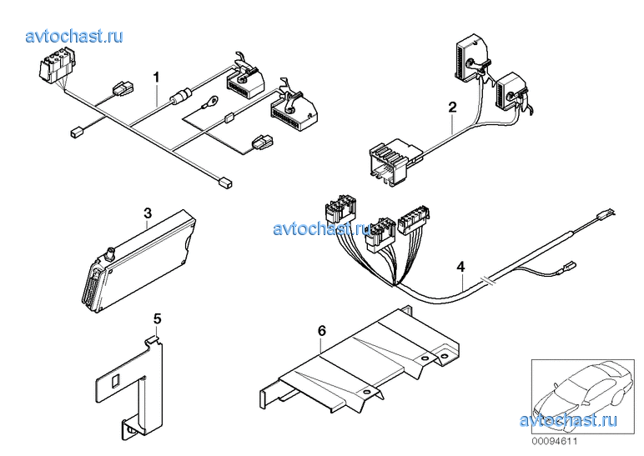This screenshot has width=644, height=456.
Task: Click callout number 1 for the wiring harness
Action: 156,77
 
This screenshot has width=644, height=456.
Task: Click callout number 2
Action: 452,108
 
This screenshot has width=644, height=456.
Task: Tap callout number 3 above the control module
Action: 148,213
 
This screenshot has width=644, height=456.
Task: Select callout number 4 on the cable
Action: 460,267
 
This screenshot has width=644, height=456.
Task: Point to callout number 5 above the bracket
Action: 158,318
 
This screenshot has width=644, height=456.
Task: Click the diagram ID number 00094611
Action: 555,442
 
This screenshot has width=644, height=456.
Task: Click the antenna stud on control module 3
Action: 110,254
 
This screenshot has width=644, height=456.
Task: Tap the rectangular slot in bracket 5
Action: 115,380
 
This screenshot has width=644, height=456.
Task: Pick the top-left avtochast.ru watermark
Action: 74,37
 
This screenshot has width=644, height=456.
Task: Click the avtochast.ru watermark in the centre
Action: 322,228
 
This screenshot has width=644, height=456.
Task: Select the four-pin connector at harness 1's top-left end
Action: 58,67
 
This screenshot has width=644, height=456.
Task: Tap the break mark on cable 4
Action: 488,280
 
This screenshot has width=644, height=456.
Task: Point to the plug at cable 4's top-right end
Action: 606,213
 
